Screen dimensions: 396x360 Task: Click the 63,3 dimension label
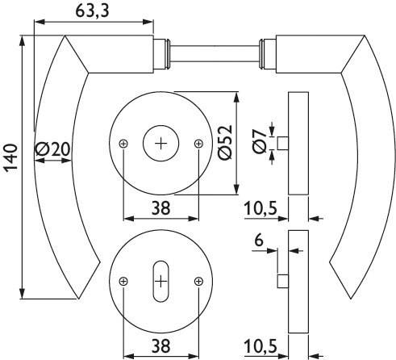click(x=92, y=11)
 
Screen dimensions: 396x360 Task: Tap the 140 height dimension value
click(x=10, y=157)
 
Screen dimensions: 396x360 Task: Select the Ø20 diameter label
click(x=52, y=149)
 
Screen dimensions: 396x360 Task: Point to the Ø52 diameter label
click(x=225, y=142)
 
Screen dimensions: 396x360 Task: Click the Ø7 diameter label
click(x=260, y=141)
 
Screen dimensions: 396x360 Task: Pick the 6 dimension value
click(x=259, y=240)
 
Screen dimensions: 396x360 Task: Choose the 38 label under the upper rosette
click(x=161, y=208)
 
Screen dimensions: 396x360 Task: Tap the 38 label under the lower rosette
click(x=161, y=345)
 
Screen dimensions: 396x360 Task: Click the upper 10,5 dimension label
click(x=261, y=208)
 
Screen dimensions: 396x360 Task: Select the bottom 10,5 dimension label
click(x=261, y=346)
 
